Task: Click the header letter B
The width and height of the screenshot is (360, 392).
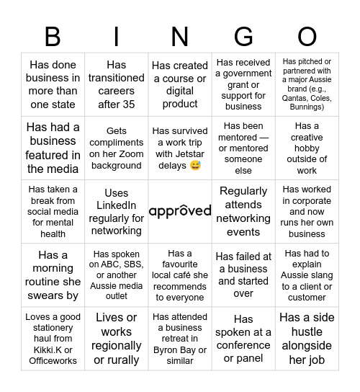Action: [53, 36]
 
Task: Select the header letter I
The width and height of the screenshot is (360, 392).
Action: [117, 36]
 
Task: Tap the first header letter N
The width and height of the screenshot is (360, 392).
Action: [180, 36]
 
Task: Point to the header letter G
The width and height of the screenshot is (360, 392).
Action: [243, 36]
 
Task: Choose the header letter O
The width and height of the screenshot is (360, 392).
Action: [307, 36]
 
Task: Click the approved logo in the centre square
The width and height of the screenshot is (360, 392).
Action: [180, 211]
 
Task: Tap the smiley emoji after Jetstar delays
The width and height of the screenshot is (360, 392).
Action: [195, 166]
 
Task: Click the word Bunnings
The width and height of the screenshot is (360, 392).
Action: [307, 107]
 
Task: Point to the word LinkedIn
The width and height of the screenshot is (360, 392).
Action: [117, 206]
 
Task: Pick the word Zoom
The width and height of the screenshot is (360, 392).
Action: [118, 154]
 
